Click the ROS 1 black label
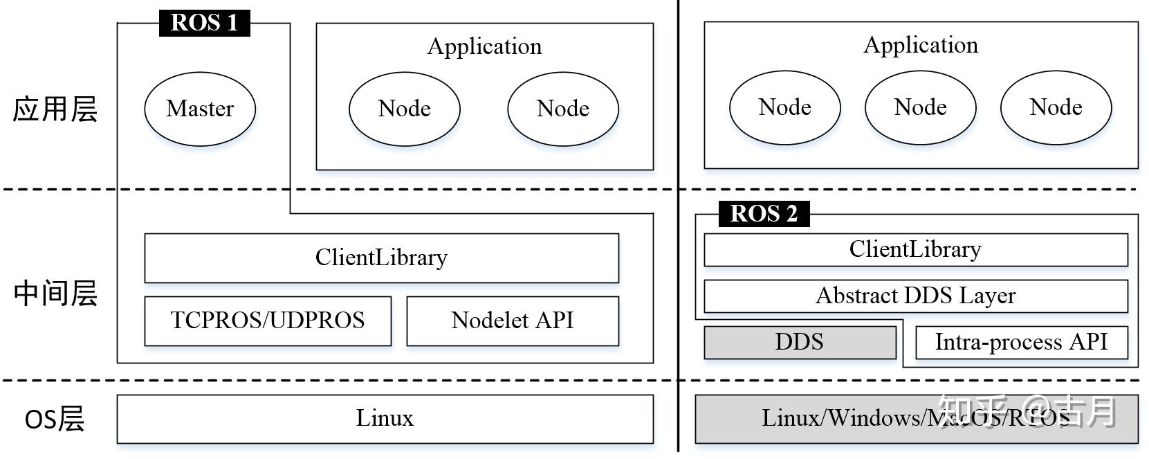click(x=204, y=23)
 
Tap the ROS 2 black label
click(x=764, y=213)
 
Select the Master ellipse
click(x=200, y=109)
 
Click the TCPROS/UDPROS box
click(x=268, y=321)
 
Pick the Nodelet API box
click(x=513, y=321)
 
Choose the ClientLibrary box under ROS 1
click(x=381, y=258)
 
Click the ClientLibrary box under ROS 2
click(x=915, y=249)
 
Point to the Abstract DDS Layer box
click(x=915, y=296)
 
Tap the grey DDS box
click(x=800, y=342)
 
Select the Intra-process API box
click(x=1021, y=342)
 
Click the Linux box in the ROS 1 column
click(x=385, y=418)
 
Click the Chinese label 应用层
click(x=55, y=109)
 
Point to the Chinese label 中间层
click(x=55, y=294)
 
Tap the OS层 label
click(x=54, y=420)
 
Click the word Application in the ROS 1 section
click(x=484, y=46)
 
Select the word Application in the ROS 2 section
click(x=921, y=45)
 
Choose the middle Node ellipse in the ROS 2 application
click(x=920, y=107)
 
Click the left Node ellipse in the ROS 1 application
click(x=405, y=109)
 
